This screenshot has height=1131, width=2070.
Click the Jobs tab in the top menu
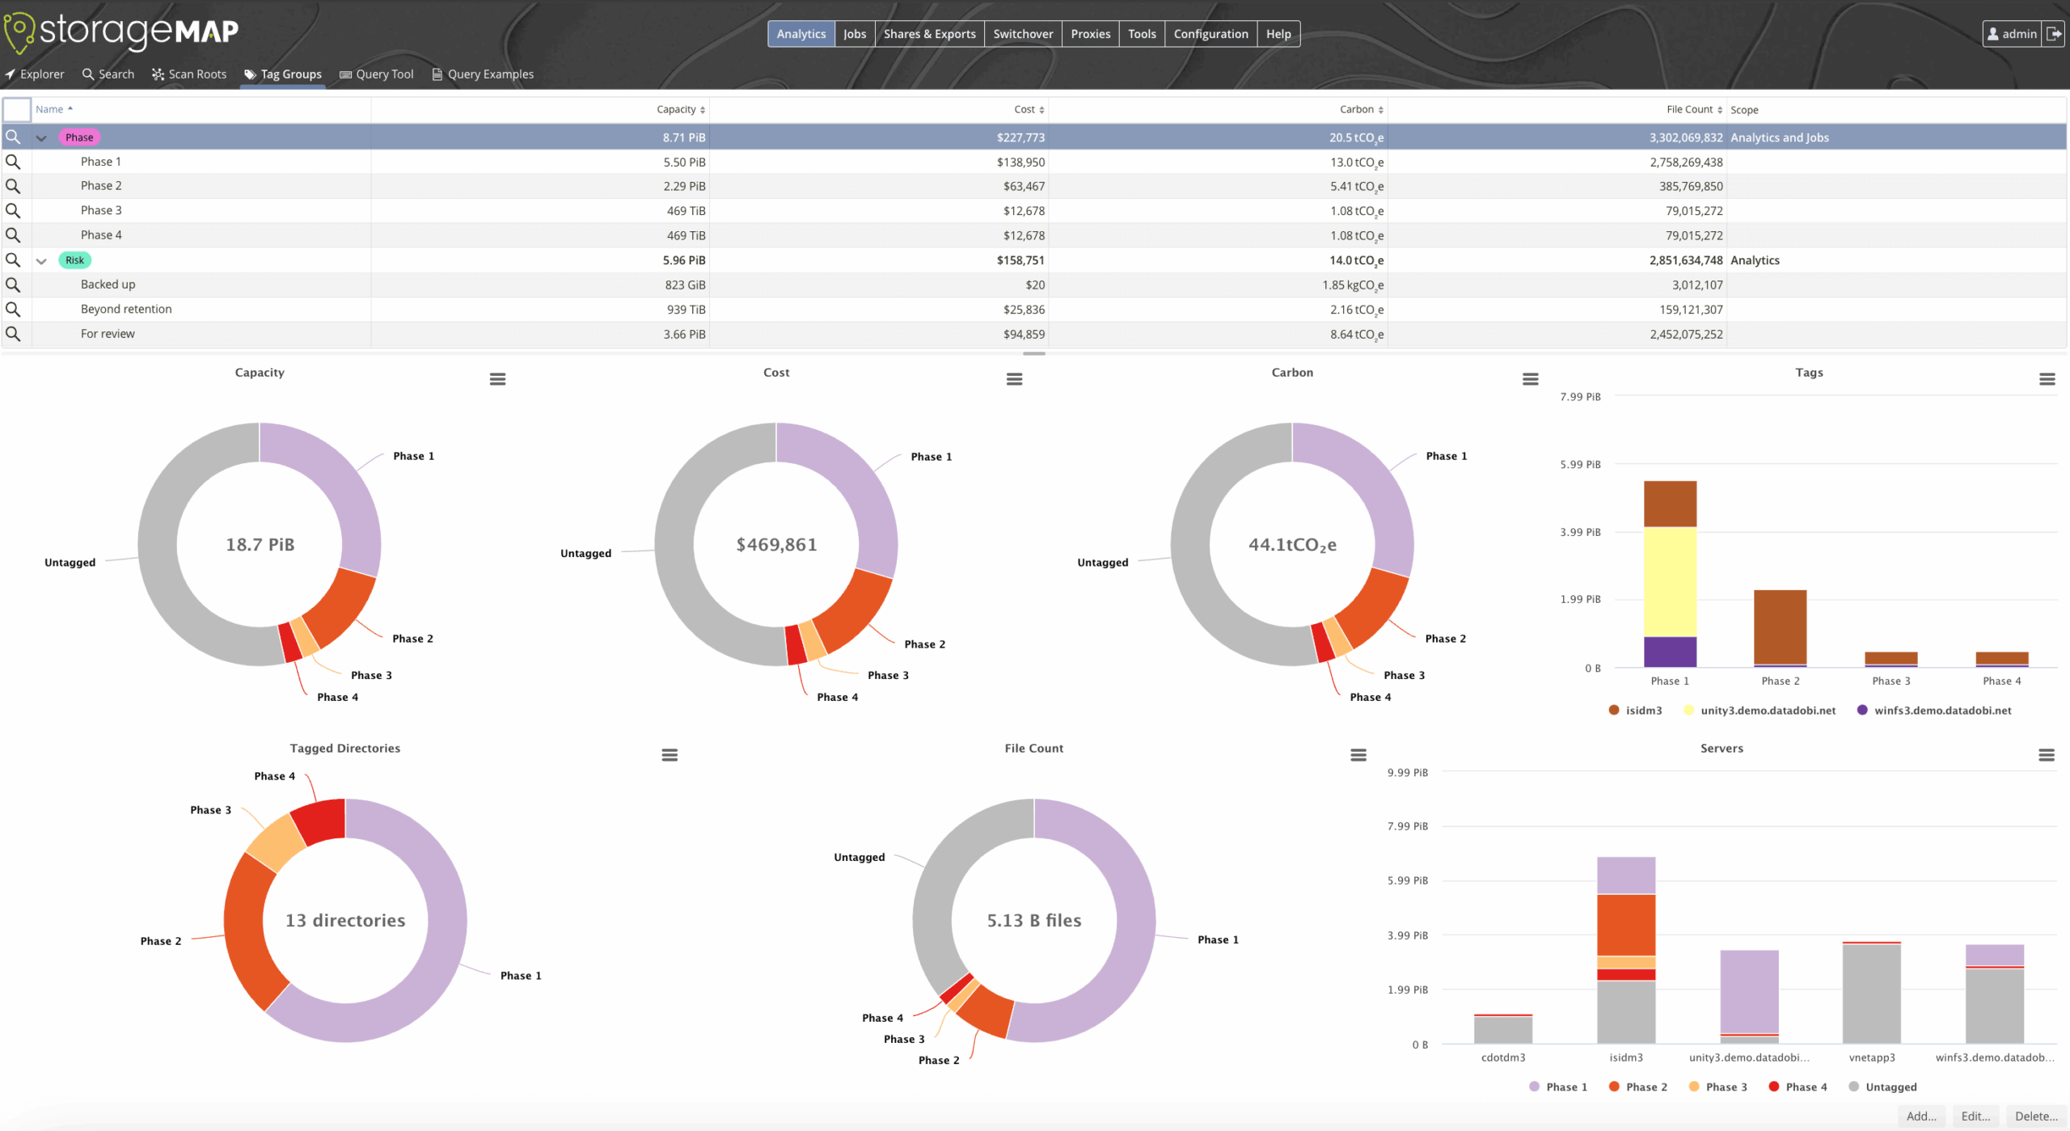854,34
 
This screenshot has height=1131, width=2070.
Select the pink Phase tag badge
79,137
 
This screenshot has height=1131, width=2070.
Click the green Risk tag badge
74,260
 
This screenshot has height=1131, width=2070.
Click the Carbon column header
1356,109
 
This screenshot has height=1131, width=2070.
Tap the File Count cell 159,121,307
1691,310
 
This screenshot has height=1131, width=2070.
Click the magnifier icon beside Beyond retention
13,310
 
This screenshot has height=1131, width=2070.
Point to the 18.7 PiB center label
260,545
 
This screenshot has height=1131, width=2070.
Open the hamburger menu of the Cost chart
1014,379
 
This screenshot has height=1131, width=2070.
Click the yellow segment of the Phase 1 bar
1670,582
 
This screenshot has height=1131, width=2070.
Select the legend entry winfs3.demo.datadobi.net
1941,711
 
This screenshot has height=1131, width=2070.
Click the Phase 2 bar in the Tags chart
1780,627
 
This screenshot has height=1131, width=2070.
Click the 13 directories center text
345,921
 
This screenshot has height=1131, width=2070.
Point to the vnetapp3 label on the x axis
1871,1057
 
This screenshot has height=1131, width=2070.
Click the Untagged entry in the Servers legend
1890,1087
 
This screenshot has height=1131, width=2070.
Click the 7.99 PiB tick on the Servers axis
1407,826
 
